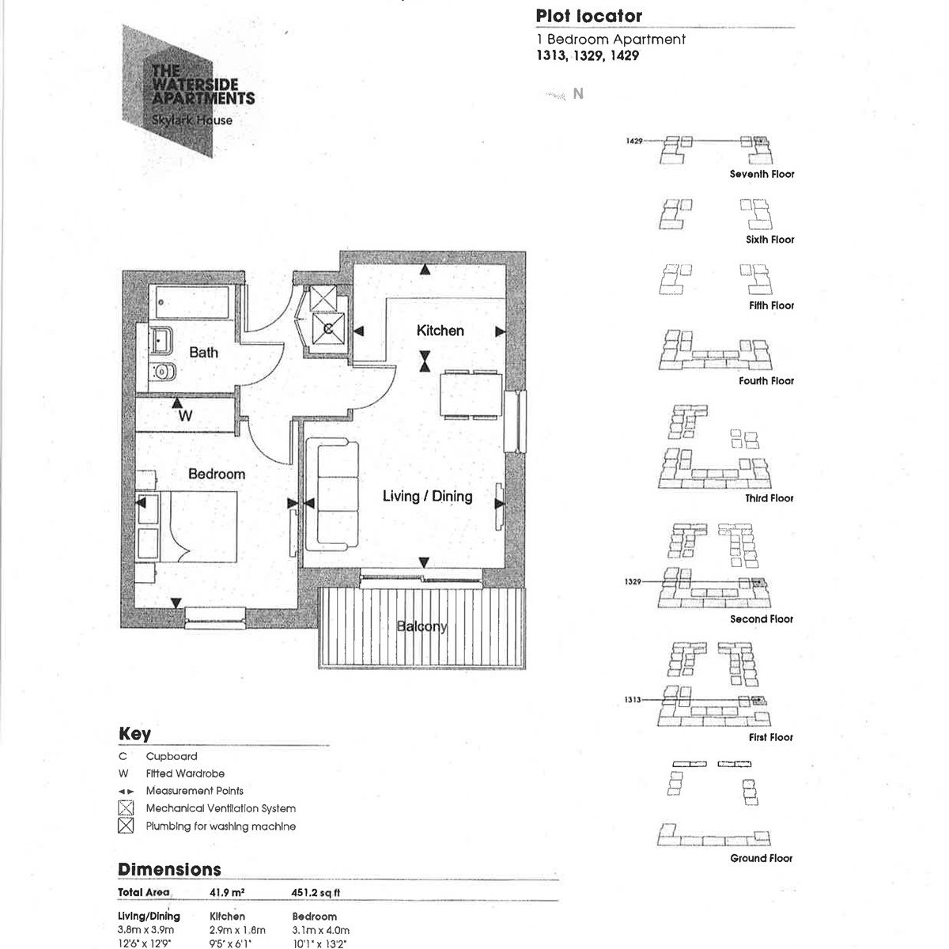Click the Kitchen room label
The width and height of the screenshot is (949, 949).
pyautogui.click(x=440, y=331)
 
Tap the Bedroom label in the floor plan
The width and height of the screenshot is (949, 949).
pyautogui.click(x=216, y=474)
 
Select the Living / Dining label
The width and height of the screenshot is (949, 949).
pyautogui.click(x=427, y=496)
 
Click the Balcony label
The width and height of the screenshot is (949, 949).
pyautogui.click(x=422, y=626)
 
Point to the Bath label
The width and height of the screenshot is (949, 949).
pyautogui.click(x=203, y=352)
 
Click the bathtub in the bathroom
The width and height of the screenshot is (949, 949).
pyautogui.click(x=192, y=303)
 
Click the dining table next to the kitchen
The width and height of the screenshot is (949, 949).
pyautogui.click(x=471, y=394)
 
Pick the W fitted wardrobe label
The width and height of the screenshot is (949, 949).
pyautogui.click(x=185, y=416)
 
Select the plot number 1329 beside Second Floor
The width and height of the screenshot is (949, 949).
pyautogui.click(x=633, y=582)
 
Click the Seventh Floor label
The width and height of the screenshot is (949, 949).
pyautogui.click(x=762, y=174)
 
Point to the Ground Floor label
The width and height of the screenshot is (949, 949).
pyautogui.click(x=761, y=858)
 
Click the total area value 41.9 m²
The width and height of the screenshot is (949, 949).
pyautogui.click(x=227, y=892)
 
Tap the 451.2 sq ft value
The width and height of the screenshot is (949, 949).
pyautogui.click(x=316, y=892)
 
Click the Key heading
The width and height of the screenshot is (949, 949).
pyautogui.click(x=134, y=733)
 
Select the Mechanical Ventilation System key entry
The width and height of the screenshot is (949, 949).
pyautogui.click(x=221, y=808)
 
